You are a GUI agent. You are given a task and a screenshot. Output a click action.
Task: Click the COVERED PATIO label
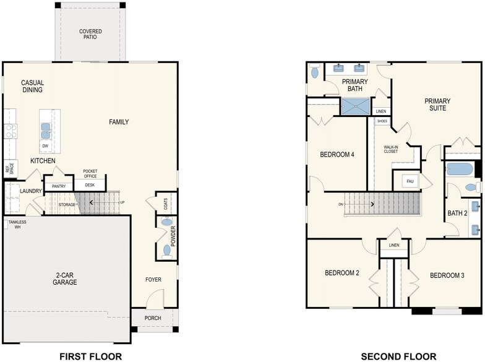pyautogui.click(x=90, y=34)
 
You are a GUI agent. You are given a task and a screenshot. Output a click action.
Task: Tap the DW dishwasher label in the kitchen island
pyautogui.click(x=45, y=146)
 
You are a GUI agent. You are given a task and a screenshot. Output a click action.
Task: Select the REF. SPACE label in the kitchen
pyautogui.click(x=10, y=168)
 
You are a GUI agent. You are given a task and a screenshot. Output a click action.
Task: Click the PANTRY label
pyautogui.click(x=59, y=186)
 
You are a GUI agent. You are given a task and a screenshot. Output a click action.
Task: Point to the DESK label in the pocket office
pyautogui.click(x=90, y=185)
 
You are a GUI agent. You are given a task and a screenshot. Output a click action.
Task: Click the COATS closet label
pyautogui.click(x=166, y=204)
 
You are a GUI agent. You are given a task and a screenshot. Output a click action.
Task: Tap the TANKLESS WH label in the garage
pyautogui.click(x=17, y=224)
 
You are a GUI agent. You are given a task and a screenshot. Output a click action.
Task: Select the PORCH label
pyautogui.click(x=153, y=318)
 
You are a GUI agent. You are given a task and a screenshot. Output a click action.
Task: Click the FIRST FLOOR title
pyautogui.click(x=90, y=357)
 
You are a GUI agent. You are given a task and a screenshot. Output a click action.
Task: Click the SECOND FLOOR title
pyautogui.click(x=398, y=357)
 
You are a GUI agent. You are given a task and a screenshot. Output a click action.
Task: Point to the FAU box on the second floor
pyautogui.click(x=410, y=181)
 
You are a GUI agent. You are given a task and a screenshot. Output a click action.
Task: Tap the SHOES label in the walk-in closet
pyautogui.click(x=382, y=121)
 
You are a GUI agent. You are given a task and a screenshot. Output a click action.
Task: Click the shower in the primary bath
pyautogui.click(x=356, y=106)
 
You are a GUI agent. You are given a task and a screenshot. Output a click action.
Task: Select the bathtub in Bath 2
pyautogui.click(x=460, y=170)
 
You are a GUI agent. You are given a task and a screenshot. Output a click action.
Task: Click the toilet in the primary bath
pyautogui.click(x=314, y=71)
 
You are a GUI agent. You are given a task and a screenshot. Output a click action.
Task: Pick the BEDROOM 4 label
pyautogui.click(x=337, y=155)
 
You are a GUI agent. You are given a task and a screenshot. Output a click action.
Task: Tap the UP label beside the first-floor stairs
pyautogui.click(x=122, y=202)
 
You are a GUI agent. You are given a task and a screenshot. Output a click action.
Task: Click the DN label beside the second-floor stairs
pyautogui.click(x=340, y=204)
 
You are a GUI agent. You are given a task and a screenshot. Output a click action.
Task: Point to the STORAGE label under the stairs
pyautogui.click(x=67, y=204)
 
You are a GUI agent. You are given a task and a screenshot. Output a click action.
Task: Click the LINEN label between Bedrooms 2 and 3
pyautogui.click(x=394, y=245)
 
